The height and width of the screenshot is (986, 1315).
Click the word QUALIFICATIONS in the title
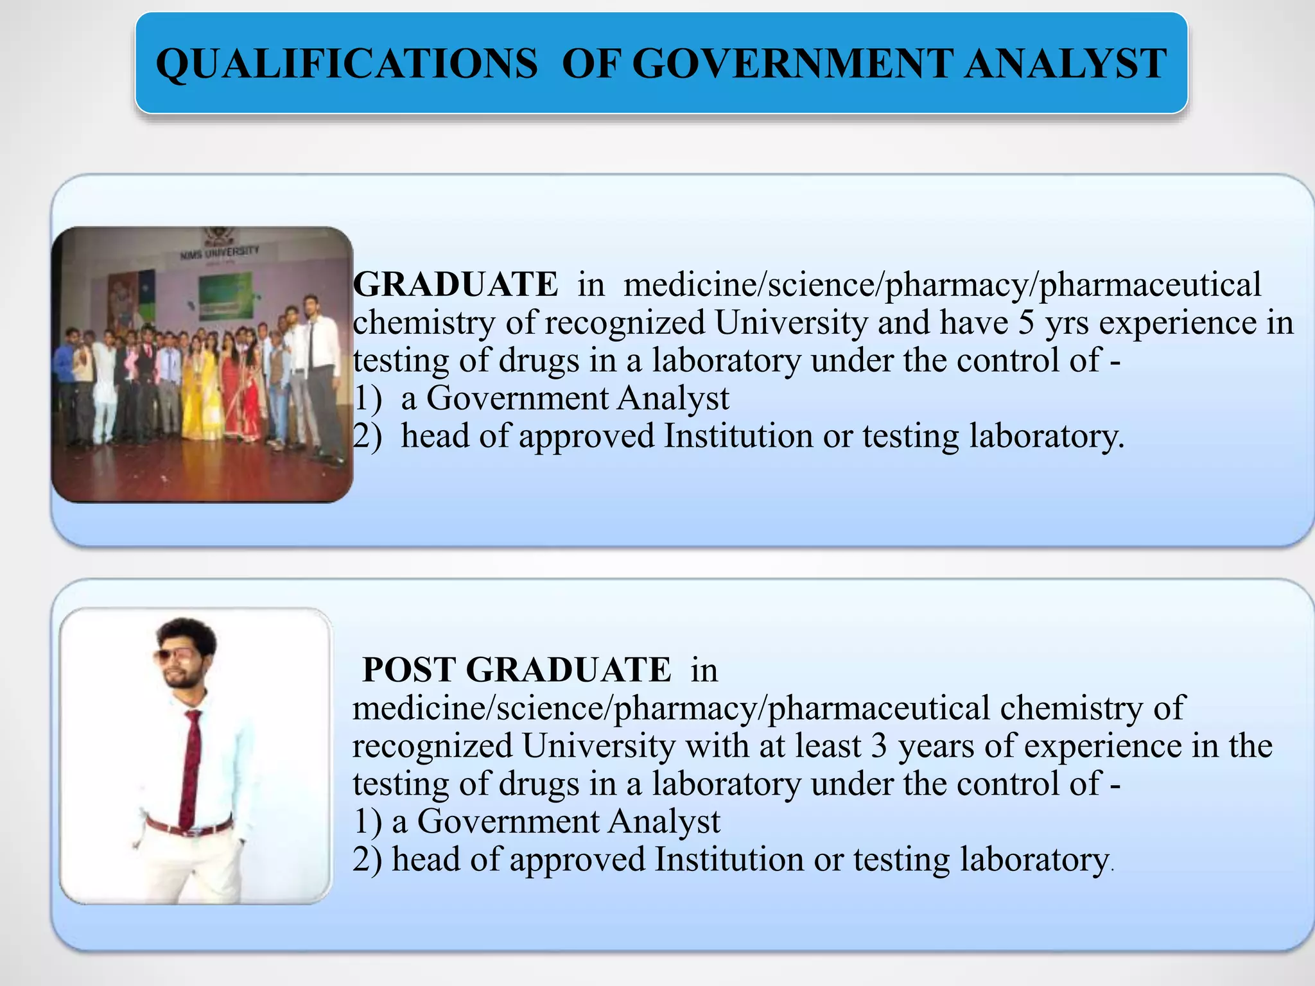coord(347,64)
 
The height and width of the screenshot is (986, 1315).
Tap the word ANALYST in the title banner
coord(1065,64)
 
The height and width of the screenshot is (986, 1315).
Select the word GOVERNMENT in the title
coord(796,64)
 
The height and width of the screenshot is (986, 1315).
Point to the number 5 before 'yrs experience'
coord(1026,322)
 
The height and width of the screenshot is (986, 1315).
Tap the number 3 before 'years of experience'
coord(879,746)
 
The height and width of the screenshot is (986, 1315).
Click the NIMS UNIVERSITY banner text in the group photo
coord(219,252)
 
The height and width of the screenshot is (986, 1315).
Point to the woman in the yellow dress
coord(193,392)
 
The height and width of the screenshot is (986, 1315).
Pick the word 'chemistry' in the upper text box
coord(424,323)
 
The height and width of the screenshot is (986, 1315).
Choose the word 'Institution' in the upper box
coord(738,436)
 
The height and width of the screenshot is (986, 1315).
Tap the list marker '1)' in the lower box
coord(367,822)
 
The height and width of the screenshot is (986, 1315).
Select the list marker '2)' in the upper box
coord(367,437)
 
